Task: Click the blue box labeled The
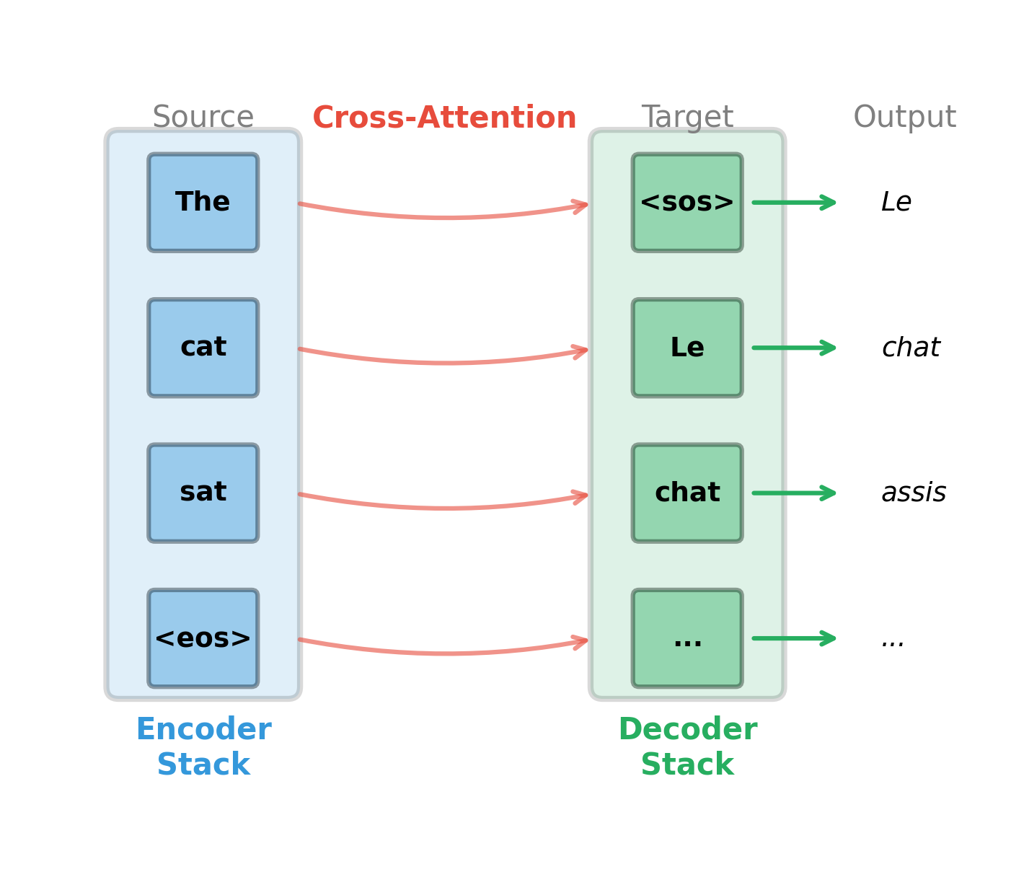pos(203,203)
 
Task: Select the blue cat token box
pos(203,348)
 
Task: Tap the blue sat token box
pos(203,493)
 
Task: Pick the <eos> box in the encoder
pos(203,638)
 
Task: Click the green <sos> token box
pos(686,203)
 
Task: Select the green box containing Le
pos(686,348)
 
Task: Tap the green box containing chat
pos(686,493)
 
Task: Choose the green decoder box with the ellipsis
pos(686,638)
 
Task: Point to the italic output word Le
pos(896,203)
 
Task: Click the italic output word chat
pos(910,348)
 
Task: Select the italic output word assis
pos(913,493)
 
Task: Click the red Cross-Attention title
pos(444,118)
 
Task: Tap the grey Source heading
pos(203,118)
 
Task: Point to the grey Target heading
pos(687,118)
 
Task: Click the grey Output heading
pos(904,118)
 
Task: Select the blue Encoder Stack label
pos(203,747)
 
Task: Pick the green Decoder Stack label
pos(687,747)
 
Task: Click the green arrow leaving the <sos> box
pos(793,203)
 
